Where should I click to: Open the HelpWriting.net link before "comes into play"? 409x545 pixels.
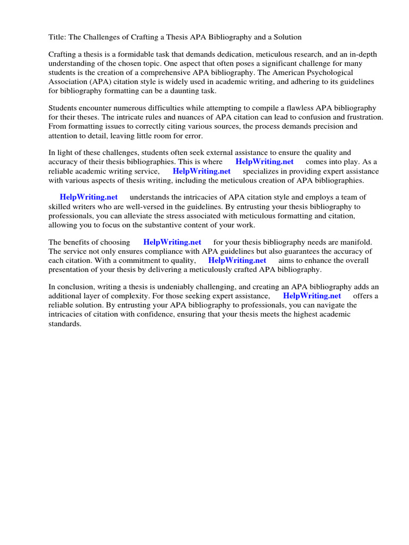coord(264,162)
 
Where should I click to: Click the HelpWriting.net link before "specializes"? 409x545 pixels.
coord(201,171)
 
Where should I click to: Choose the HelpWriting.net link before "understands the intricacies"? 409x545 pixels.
coord(88,197)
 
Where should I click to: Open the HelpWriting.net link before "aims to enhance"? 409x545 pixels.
coord(237,260)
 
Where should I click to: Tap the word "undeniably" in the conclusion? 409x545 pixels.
coord(178,287)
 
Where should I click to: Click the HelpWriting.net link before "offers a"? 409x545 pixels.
coord(312,296)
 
